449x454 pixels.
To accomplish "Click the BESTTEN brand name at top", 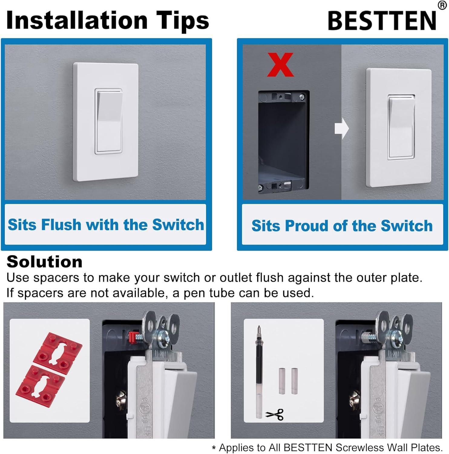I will [382, 21].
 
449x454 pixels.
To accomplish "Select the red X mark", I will [280, 64].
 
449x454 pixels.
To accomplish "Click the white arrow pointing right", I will [342, 129].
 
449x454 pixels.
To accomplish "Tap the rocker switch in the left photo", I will [109, 121].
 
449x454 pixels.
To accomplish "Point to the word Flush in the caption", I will [61, 225].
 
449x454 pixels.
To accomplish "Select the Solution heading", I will [44, 262].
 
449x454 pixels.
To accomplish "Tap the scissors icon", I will [275, 414].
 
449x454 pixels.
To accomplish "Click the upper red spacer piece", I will [57, 350].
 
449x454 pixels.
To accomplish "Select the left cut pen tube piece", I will [282, 381].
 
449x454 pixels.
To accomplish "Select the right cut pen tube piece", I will [294, 381].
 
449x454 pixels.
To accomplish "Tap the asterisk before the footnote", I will [214, 448].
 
